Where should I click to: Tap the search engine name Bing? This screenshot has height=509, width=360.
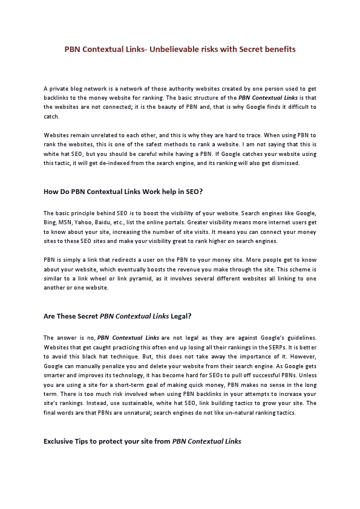click(x=50, y=222)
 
